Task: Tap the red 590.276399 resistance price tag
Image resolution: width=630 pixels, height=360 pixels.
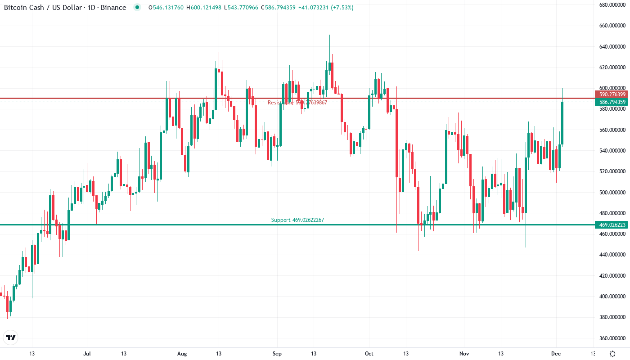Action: pos(612,94)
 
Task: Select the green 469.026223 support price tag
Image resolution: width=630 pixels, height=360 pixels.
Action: pos(612,225)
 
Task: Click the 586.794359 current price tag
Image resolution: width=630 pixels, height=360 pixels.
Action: pos(612,102)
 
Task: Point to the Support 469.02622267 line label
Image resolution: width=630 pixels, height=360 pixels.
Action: pos(297,220)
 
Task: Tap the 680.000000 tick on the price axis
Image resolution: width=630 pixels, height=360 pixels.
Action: pos(612,5)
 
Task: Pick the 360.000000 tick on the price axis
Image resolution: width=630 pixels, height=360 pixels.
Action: pos(612,338)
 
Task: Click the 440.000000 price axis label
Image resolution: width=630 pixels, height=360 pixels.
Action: pos(612,255)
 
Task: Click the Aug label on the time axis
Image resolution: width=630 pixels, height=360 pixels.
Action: pos(182,354)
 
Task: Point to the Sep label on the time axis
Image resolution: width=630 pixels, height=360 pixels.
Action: pos(277,354)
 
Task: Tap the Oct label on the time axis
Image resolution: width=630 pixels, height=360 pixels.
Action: pos(369,354)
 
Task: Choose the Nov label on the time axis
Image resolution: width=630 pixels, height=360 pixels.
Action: pos(464,354)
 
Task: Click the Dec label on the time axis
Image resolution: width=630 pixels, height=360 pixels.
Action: pos(556,354)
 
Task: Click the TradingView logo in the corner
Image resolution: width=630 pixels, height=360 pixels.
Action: pos(11,337)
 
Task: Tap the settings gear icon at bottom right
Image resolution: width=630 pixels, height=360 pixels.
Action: pos(612,354)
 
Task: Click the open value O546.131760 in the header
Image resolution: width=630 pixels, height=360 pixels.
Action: pos(166,8)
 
